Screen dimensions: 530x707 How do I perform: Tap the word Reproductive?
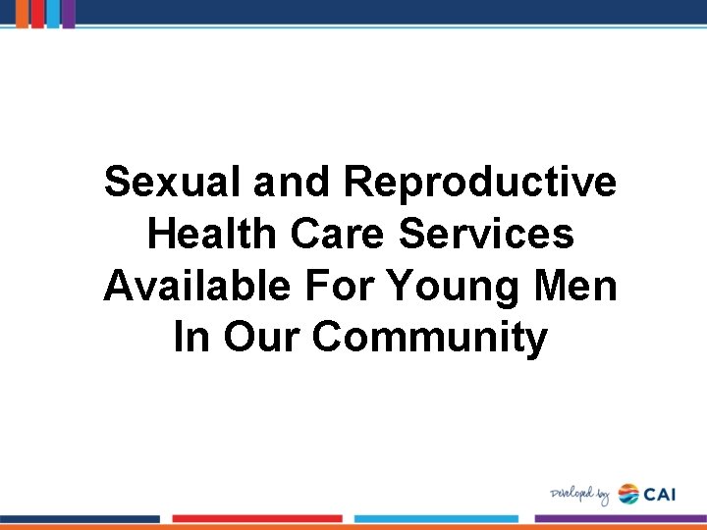[x=481, y=183]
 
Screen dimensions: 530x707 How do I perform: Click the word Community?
[x=430, y=339]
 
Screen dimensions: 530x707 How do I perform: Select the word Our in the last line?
[x=262, y=339]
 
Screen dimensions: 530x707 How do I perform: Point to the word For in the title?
[x=344, y=287]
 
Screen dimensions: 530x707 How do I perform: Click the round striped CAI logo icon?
[x=628, y=494]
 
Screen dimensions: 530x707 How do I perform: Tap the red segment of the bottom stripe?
[x=257, y=518]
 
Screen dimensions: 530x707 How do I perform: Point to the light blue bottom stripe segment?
[x=436, y=518]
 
